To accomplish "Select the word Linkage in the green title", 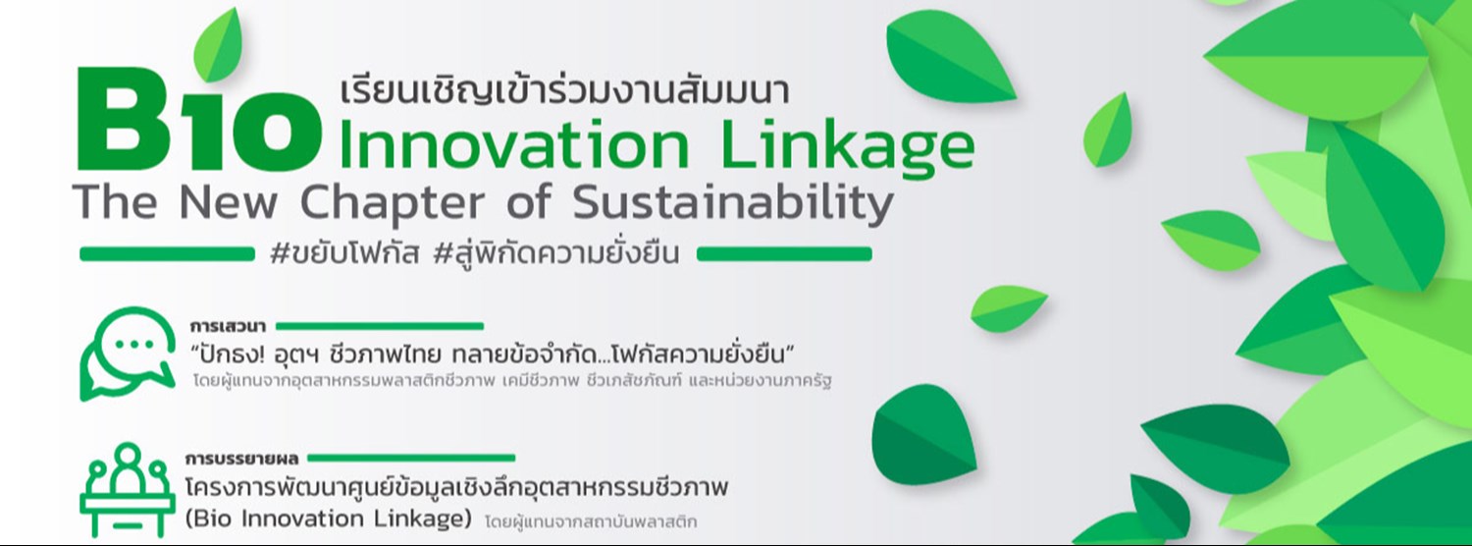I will (848, 148).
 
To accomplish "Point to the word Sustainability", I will (732, 204).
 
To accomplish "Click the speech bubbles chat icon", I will (127, 354).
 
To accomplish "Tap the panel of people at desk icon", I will (128, 491).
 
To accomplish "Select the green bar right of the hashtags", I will (784, 254).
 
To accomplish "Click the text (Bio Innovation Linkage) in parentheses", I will (328, 518).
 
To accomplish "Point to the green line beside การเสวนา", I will (383, 326).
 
